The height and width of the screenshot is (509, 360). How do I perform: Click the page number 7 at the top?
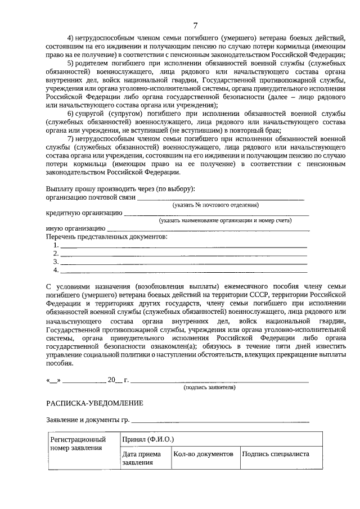pos(195,25)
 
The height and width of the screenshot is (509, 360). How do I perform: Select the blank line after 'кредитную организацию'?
pos(216,214)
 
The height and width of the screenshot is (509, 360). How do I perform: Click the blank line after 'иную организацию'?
pos(208,229)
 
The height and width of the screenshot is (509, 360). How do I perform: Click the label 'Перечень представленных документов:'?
pos(106,237)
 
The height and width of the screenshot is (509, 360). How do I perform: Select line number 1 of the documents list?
pos(183,246)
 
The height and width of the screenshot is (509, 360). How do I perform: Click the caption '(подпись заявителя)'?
pos(210,388)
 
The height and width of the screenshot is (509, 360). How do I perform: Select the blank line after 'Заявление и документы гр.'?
pos(220,421)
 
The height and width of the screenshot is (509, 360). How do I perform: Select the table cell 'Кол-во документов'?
pos(203,454)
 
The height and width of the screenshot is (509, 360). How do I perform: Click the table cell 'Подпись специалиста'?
pos(276,454)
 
